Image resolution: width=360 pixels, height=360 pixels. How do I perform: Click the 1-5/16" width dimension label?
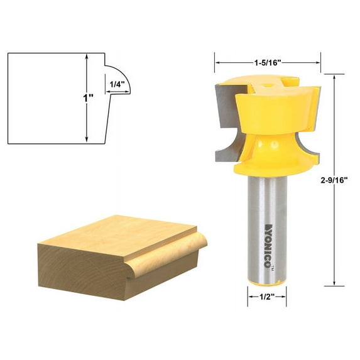pyautogui.click(x=268, y=62)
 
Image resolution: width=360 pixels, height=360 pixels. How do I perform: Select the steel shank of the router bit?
pyautogui.click(x=263, y=226)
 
